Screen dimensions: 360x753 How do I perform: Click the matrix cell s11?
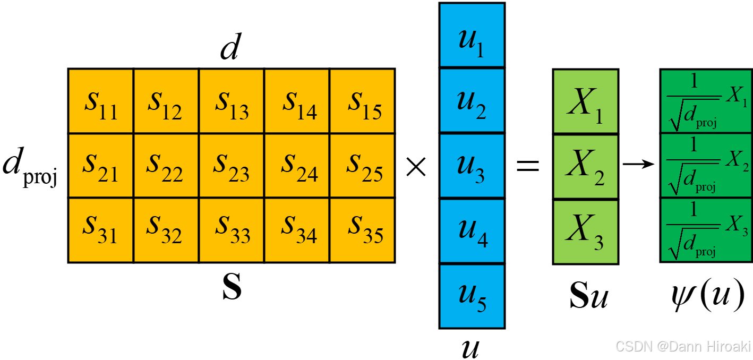100,101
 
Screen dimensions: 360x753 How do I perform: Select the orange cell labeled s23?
232,166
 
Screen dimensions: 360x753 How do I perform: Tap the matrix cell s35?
363,230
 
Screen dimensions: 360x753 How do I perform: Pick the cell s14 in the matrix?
297,101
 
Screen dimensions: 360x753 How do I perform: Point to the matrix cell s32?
166,230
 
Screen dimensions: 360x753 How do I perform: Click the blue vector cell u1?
472,35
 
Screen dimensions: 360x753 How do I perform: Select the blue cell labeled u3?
472,166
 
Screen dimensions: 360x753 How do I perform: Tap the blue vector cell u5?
472,296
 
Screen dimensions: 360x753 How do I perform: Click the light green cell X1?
585,101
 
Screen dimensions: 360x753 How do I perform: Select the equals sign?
528,166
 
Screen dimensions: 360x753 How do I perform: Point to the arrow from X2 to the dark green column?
638,165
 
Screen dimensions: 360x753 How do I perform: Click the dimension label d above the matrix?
229,49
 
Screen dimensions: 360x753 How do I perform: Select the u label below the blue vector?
472,348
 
